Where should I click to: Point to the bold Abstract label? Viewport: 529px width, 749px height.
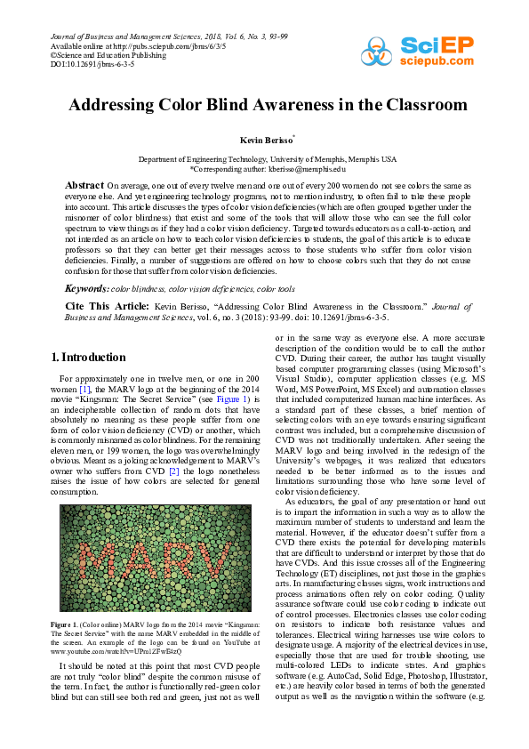pos(84,184)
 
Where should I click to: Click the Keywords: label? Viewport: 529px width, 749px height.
pos(87,289)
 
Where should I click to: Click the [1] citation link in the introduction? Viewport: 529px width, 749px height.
pos(85,390)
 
